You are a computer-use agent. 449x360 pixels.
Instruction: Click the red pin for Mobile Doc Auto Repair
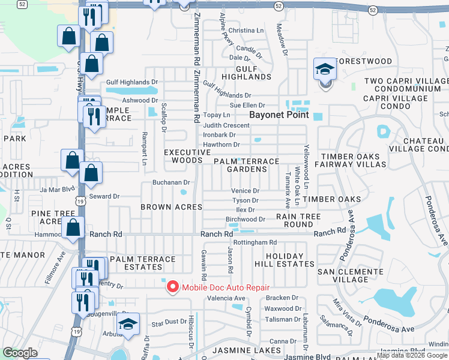coord(173,287)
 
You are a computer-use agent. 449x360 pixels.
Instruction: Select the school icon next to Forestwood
coord(324,70)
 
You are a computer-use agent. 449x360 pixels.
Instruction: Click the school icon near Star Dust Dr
coord(128,325)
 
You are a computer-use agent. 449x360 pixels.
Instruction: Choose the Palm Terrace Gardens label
coord(247,165)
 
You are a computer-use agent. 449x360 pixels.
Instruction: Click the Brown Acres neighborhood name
coord(167,207)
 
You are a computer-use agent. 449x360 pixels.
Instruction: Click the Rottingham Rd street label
coord(255,242)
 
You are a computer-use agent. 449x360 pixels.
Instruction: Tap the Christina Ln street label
coord(246,31)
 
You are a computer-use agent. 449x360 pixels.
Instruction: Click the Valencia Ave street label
coord(226,298)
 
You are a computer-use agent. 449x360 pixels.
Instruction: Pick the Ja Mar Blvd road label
coord(58,190)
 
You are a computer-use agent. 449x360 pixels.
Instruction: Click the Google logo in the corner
coord(20,353)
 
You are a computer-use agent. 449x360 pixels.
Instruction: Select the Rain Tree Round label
coord(298,220)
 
